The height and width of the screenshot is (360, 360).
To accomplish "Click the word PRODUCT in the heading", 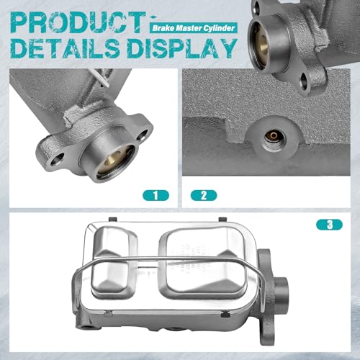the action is click(78, 22).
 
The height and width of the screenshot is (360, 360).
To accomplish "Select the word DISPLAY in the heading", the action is click(182, 48).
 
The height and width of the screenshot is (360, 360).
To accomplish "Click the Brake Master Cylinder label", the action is click(194, 28).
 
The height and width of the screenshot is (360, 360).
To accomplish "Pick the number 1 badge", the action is click(156, 195).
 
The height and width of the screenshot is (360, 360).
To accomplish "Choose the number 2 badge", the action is click(204, 195).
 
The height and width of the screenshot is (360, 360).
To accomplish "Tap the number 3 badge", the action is click(329, 225).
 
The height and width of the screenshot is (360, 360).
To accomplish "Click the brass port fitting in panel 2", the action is click(274, 136).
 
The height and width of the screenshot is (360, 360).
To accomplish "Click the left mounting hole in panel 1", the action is click(57, 160).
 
